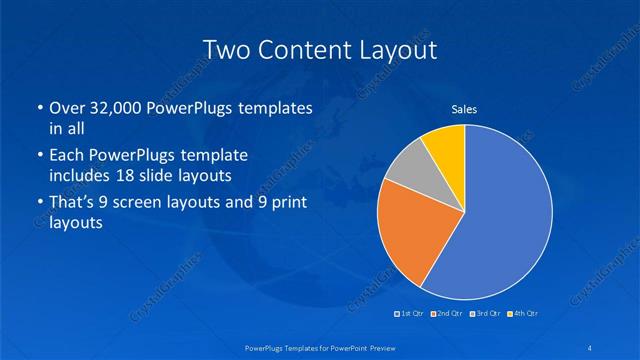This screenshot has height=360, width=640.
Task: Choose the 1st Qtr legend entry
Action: coord(411,314)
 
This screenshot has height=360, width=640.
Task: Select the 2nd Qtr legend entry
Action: coord(447,314)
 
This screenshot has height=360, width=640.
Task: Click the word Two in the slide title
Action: coord(226,49)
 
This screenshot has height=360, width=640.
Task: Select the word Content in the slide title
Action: coord(302,49)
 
